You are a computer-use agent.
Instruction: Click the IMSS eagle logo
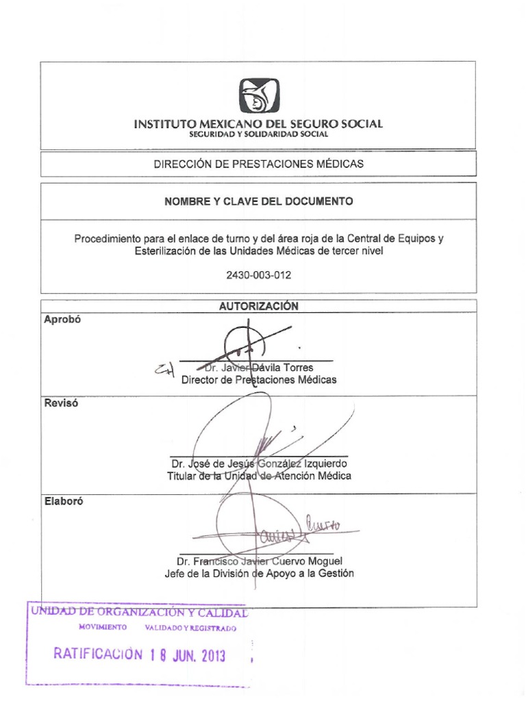coord(260,96)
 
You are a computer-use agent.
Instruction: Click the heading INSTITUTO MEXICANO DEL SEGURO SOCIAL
coord(258,124)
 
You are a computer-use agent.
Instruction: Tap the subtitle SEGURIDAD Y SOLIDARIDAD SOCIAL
coord(258,134)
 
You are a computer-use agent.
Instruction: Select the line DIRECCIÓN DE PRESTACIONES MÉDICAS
coord(258,164)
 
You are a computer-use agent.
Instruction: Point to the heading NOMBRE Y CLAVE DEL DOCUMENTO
coord(258,201)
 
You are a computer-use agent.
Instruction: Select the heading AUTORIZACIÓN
coord(258,307)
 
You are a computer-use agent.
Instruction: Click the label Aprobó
coord(62,319)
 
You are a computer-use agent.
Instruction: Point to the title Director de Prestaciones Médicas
coord(258,380)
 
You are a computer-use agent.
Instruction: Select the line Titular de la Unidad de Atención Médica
coord(259,476)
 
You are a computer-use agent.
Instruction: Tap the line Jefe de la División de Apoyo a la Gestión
coord(259,574)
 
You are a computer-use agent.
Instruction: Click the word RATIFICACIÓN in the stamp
coord(99,654)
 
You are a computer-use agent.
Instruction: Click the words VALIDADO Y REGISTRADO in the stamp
coord(190,628)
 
